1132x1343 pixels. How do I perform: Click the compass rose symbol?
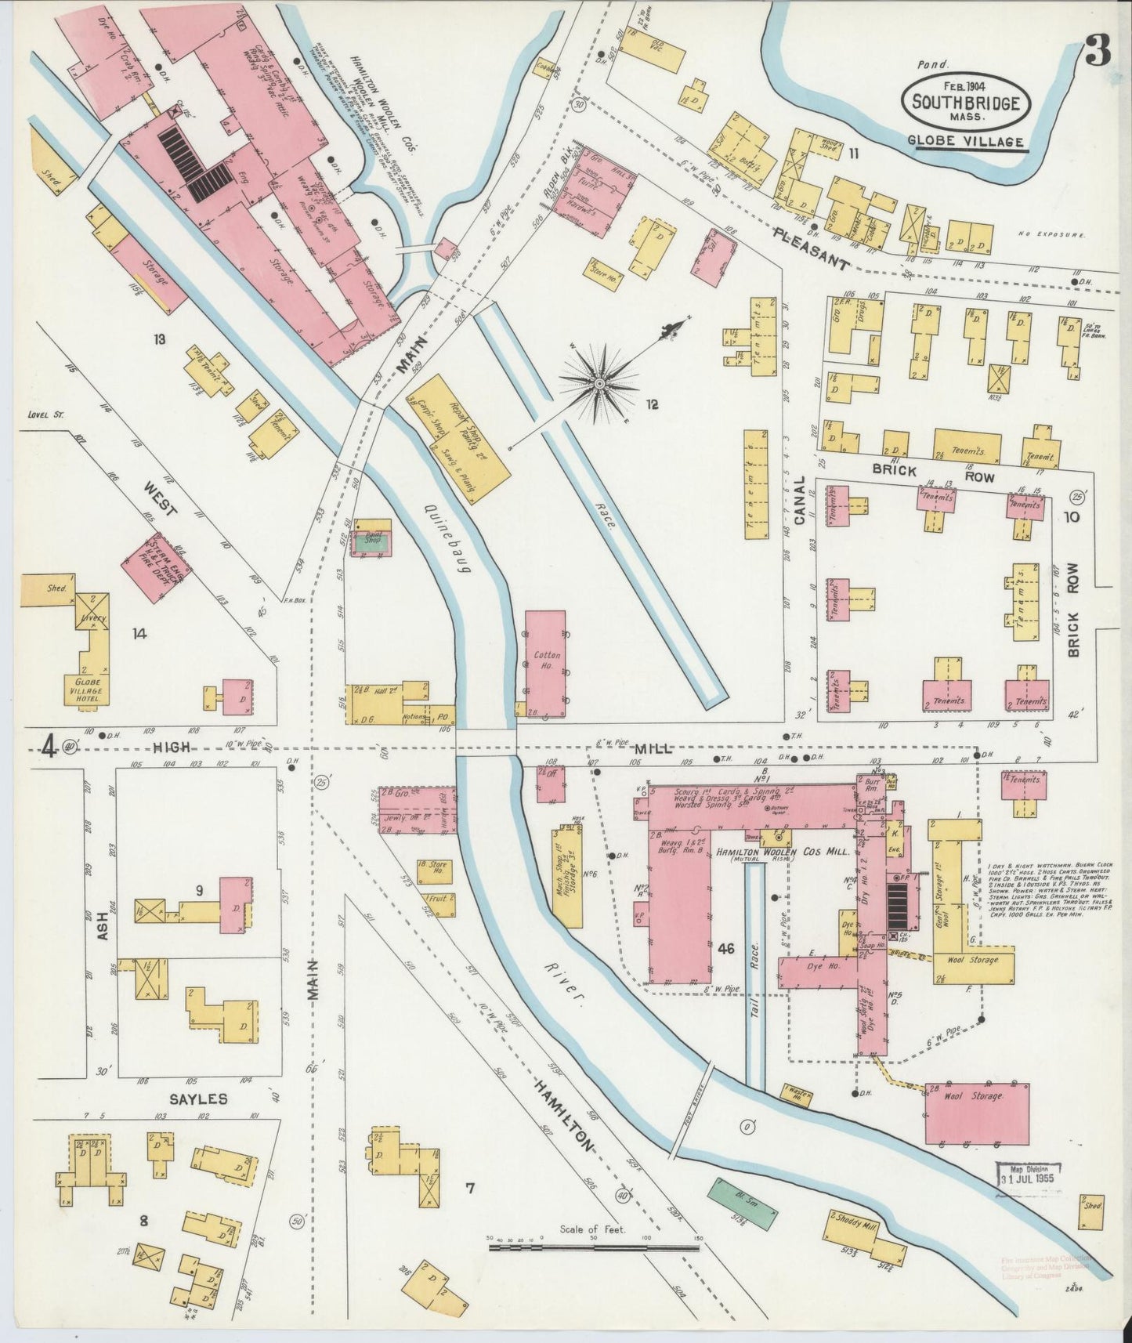[599, 383]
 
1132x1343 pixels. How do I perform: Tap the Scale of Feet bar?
[594, 1245]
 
